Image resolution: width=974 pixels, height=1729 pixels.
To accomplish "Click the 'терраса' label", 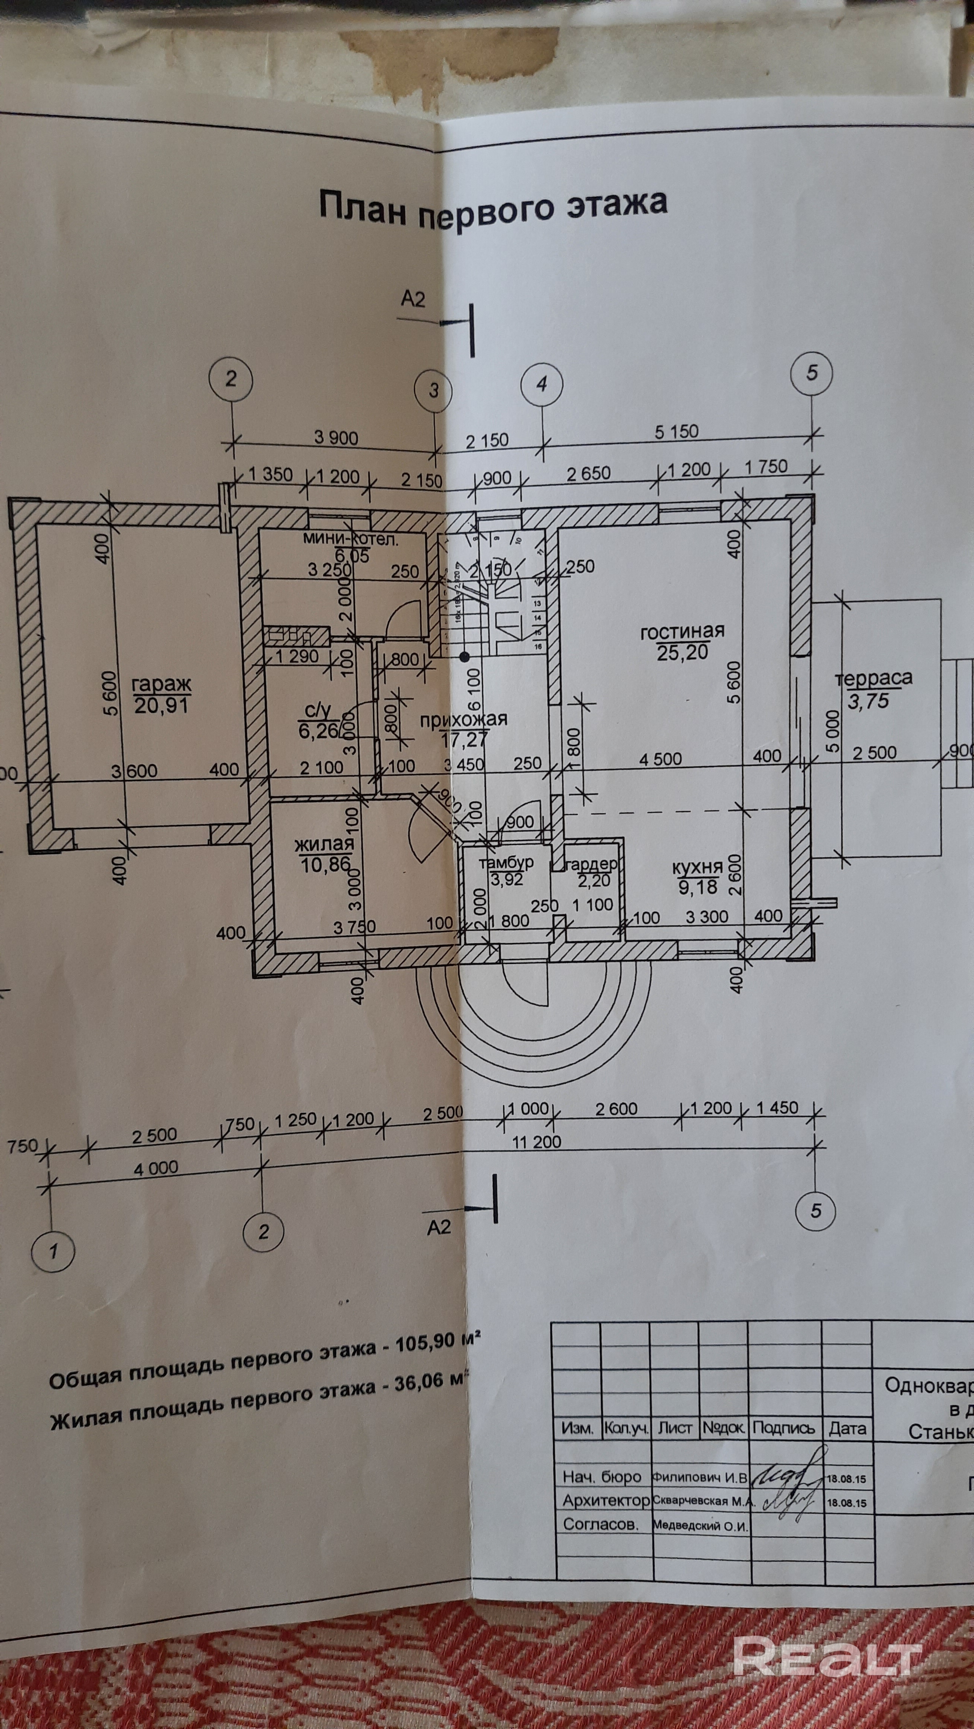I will (x=873, y=679).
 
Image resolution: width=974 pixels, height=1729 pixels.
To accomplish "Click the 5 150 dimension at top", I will (x=677, y=432).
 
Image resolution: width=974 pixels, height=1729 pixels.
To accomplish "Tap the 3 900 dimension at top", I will (x=336, y=438).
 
